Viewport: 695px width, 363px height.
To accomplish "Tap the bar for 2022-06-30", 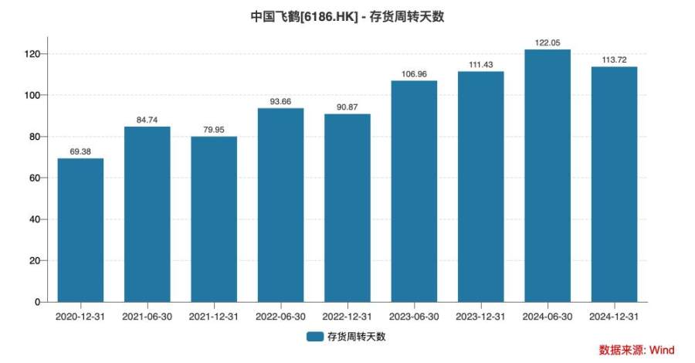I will point(280,205).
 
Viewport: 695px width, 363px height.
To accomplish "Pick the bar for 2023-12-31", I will point(480,186).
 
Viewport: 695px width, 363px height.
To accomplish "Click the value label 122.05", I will point(548,42).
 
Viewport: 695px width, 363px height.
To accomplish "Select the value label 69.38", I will point(80,151).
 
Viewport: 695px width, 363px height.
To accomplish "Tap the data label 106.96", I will point(414,74).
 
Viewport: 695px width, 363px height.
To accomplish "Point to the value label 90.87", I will point(347,107).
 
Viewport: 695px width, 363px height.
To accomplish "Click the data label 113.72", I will point(614,59).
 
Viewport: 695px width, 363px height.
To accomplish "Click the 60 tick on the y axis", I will point(34,178).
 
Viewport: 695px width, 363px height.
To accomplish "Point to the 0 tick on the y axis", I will point(36,302).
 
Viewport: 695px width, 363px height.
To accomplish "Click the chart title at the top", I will point(347,16).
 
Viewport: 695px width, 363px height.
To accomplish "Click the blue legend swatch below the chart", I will point(314,337).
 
